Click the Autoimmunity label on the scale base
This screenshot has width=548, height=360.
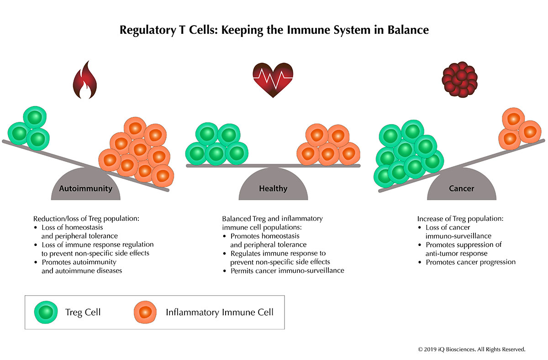click(x=85, y=188)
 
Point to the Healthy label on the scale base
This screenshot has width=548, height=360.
click(x=273, y=188)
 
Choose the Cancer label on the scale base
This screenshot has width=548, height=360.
click(x=461, y=188)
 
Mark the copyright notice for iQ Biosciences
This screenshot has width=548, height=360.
click(x=472, y=349)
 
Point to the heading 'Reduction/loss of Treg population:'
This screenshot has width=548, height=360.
click(x=86, y=219)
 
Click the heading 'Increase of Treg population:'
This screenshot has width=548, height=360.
click(x=460, y=219)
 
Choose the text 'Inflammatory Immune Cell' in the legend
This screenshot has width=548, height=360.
click(x=220, y=313)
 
